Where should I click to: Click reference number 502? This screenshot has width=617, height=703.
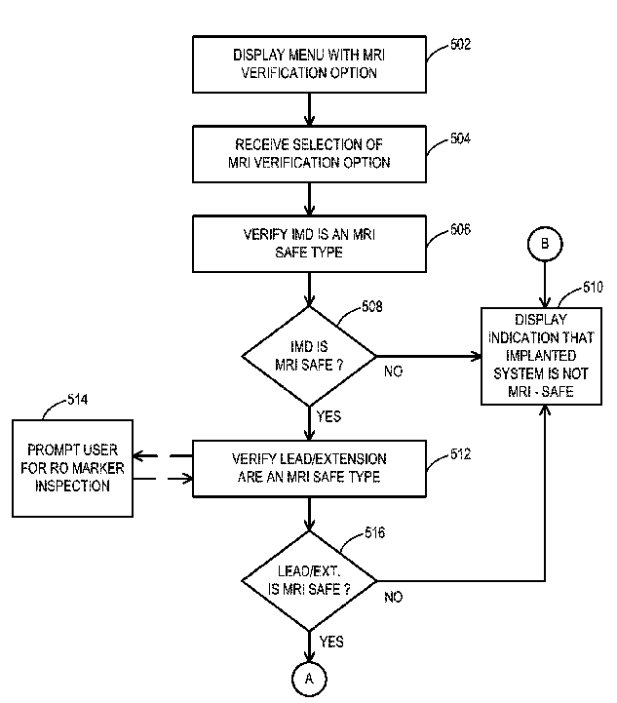click(461, 45)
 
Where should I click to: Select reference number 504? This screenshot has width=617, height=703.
click(461, 138)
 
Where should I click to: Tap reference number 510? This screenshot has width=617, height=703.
click(593, 287)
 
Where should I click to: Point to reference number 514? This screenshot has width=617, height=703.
click(78, 400)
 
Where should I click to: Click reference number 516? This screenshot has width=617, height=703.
click(375, 532)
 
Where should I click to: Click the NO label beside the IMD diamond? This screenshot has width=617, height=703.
click(394, 371)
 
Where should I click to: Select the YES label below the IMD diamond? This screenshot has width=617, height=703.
click(328, 416)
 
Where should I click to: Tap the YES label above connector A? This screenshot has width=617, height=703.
click(331, 642)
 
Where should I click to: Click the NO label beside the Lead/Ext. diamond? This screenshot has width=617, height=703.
click(394, 597)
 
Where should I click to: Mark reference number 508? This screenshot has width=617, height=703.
click(372, 307)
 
